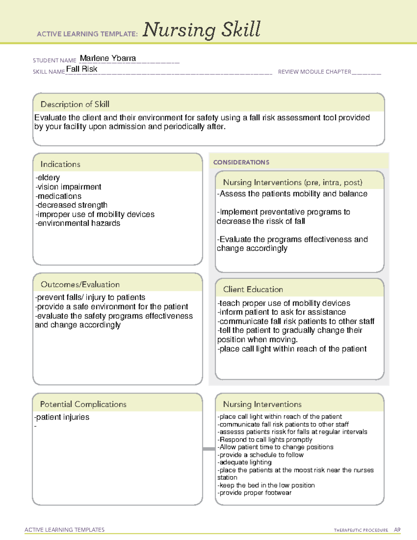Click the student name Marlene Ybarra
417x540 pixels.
(x=108, y=58)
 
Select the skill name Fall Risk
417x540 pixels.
(x=82, y=69)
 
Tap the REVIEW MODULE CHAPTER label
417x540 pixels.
(x=314, y=72)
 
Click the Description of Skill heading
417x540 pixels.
(x=75, y=104)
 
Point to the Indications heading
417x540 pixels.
(x=60, y=164)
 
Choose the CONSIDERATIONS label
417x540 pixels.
(x=241, y=162)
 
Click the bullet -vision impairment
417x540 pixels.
(x=68, y=187)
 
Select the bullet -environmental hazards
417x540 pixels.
(x=78, y=223)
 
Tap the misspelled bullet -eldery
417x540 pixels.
(x=48, y=178)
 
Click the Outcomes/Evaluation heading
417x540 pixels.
(x=80, y=284)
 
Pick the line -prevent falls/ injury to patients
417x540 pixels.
(x=90, y=297)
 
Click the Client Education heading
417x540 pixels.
(x=253, y=289)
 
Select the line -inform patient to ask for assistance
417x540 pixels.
(x=281, y=312)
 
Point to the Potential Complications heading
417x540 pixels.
(x=83, y=404)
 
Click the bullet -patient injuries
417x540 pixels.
(x=62, y=417)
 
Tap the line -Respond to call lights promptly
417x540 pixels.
(x=265, y=440)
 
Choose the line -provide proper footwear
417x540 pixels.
(x=254, y=493)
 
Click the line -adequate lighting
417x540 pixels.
(x=245, y=462)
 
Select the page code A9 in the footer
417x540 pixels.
(x=397, y=530)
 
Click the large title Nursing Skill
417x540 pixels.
(x=202, y=30)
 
